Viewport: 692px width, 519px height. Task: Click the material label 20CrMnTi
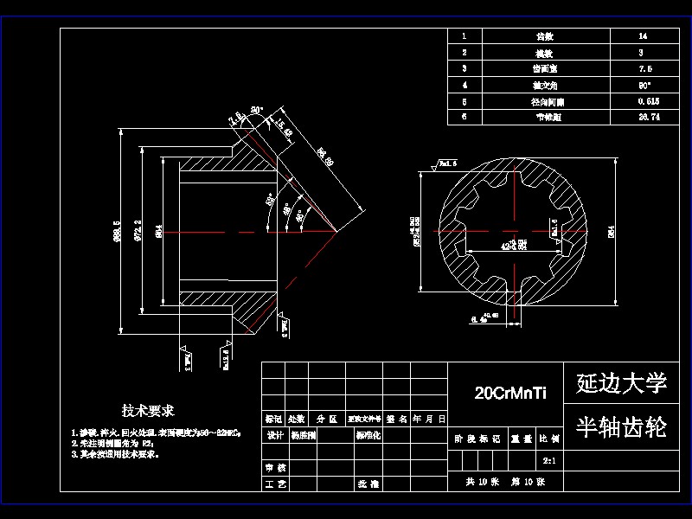click(x=510, y=393)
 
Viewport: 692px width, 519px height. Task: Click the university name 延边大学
click(x=621, y=383)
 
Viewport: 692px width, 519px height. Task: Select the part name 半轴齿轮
click(x=621, y=426)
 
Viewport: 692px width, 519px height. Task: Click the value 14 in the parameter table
click(x=642, y=36)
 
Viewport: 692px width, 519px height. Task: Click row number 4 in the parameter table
click(x=465, y=85)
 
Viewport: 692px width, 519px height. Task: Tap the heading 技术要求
click(x=148, y=410)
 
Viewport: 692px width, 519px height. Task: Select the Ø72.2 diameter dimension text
click(x=138, y=232)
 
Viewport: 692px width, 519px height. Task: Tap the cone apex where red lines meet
click(x=336, y=232)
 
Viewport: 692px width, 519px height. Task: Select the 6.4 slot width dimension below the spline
click(x=478, y=319)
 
